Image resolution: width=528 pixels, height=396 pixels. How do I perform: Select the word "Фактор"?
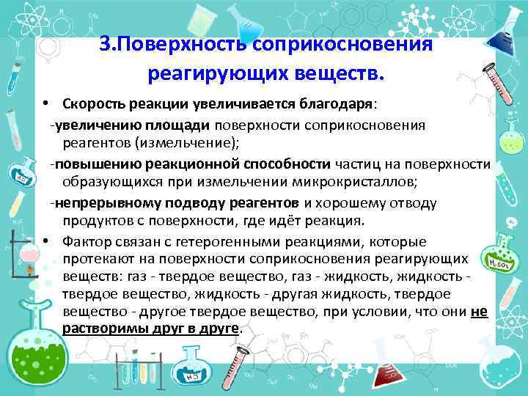click(x=85, y=242)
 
